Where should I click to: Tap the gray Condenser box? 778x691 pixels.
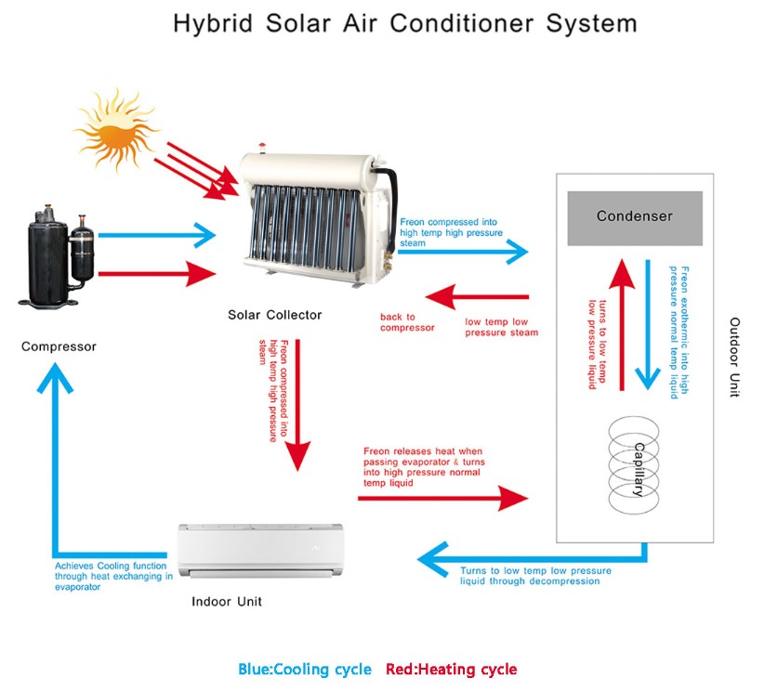635,217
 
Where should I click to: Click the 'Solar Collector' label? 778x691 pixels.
275,315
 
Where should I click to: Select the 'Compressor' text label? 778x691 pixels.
59,346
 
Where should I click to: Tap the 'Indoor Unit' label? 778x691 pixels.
227,602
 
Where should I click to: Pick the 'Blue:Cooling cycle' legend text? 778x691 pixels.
305,669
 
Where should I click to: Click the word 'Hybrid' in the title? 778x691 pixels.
211,23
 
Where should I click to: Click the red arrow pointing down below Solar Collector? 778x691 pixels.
297,409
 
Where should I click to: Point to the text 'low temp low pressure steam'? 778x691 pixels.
501,328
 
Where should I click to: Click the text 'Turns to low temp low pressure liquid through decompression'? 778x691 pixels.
535,576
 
